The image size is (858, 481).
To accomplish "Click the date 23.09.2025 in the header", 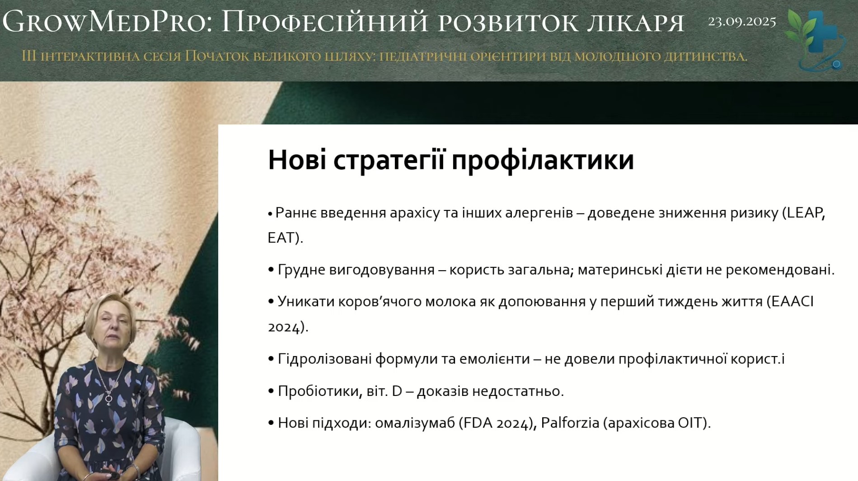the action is pyautogui.click(x=742, y=22).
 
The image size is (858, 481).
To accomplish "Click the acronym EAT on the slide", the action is pyautogui.click(x=281, y=238).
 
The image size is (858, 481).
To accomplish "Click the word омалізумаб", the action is pyautogui.click(x=415, y=423).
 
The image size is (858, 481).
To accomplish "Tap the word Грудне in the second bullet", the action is pyautogui.click(x=301, y=270).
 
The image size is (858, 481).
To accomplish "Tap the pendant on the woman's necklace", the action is pyautogui.click(x=109, y=399).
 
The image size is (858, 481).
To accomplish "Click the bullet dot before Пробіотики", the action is pyautogui.click(x=271, y=391).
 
